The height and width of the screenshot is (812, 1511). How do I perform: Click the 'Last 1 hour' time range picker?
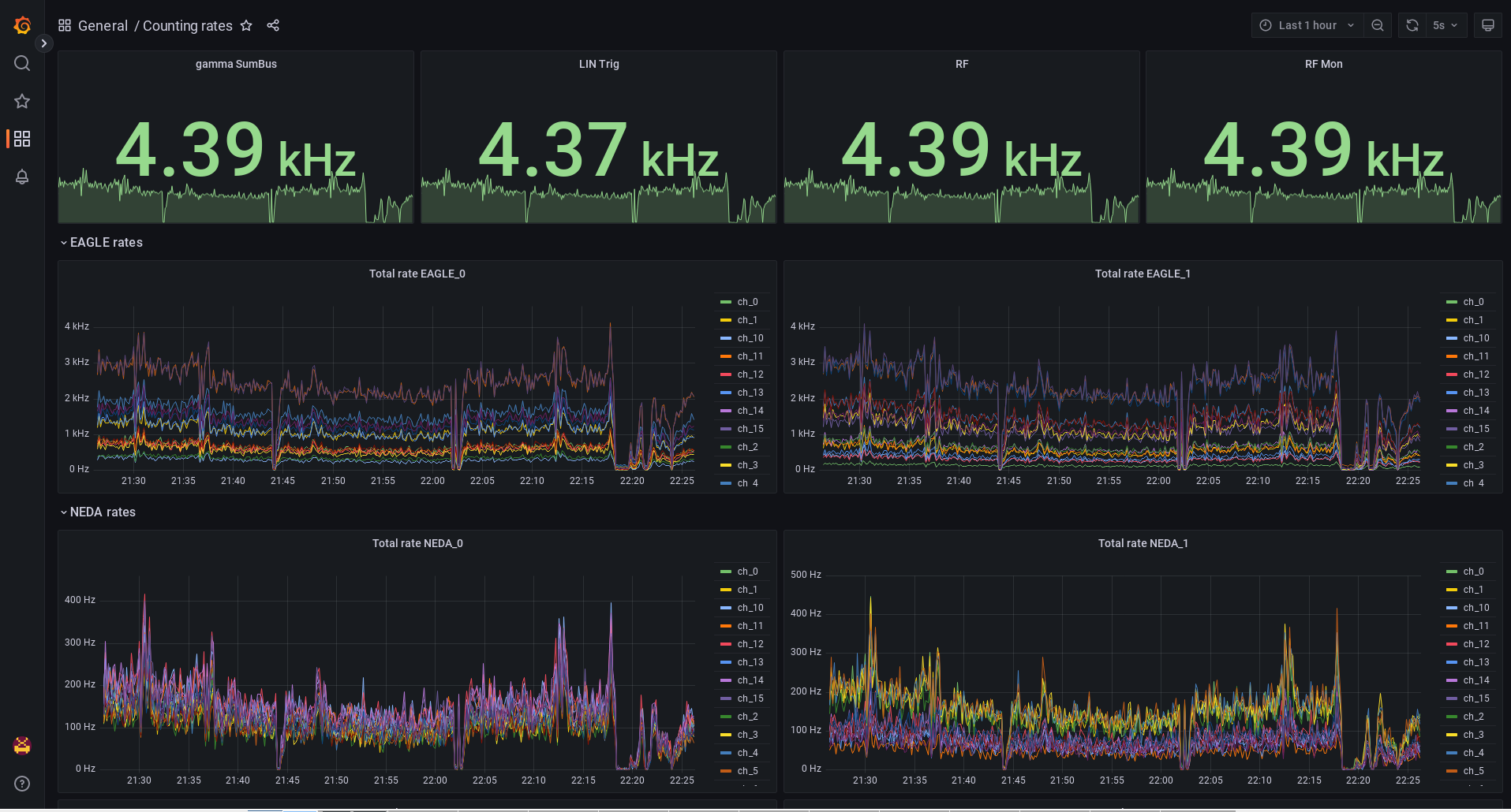tap(1307, 25)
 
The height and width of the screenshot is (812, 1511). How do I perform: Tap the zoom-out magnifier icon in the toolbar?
tap(1378, 25)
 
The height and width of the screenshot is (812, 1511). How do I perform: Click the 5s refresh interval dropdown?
tap(1446, 25)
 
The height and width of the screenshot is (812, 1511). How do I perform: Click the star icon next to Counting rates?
tap(246, 25)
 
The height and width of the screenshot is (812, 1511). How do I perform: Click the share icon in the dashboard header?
tap(273, 25)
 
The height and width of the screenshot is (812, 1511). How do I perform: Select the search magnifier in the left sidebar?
tap(22, 63)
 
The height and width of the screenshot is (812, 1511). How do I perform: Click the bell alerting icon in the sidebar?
tap(22, 177)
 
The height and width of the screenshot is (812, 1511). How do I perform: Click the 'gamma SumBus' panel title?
tap(236, 64)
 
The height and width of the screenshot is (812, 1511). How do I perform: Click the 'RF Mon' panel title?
tap(1323, 64)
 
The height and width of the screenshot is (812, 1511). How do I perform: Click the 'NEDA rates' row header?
tap(103, 512)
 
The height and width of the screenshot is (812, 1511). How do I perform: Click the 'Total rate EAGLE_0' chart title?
tap(417, 274)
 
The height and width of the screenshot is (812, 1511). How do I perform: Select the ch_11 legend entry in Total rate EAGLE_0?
tap(750, 356)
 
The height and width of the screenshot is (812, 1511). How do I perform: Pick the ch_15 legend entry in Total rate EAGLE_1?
tap(1475, 429)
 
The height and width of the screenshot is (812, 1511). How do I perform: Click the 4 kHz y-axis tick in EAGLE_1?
tap(802, 326)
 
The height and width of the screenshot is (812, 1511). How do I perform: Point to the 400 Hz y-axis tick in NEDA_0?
tap(80, 600)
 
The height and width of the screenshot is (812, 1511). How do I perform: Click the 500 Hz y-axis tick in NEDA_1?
tap(806, 575)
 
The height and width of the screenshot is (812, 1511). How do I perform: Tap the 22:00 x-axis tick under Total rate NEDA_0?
tap(435, 780)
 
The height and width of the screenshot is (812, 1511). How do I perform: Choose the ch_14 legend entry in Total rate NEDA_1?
tap(1475, 680)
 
